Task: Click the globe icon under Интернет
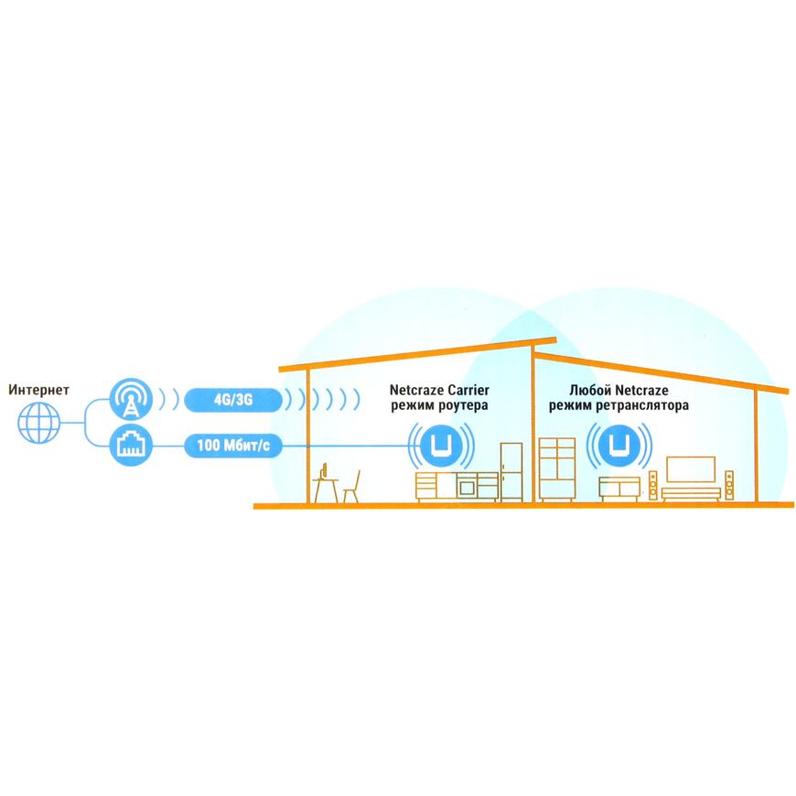[39, 423]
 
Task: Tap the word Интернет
[38, 390]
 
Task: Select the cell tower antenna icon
[131, 399]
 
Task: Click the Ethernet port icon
[131, 445]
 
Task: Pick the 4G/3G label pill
[233, 400]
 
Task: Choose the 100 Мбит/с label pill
[233, 446]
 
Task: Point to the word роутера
[463, 405]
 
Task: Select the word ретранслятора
[642, 405]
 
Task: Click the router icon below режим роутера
[441, 446]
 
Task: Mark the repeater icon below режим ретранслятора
[619, 446]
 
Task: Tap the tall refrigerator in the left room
[511, 472]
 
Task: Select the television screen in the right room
[691, 469]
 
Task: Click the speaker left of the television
[653, 485]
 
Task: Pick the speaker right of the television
[729, 485]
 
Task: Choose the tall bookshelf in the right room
[557, 469]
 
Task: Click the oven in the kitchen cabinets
[467, 488]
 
